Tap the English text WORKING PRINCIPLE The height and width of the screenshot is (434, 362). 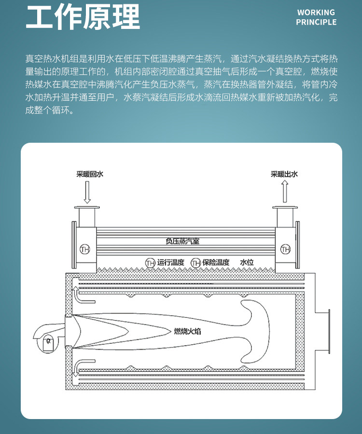point(316,17)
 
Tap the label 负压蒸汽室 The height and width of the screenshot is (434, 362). point(182,241)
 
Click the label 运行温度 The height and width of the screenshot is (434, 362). point(170,262)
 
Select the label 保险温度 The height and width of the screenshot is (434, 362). point(216,262)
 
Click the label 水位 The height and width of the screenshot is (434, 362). point(247,262)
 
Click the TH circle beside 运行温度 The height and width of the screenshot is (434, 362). point(150,262)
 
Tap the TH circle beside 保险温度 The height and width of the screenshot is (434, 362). point(195,262)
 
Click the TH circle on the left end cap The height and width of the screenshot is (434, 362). point(85,249)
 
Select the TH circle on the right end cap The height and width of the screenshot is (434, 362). point(285,249)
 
